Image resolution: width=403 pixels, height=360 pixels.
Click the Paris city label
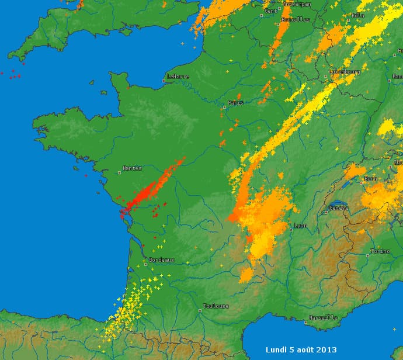tap(236, 103)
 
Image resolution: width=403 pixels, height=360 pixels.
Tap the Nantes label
tap(132, 168)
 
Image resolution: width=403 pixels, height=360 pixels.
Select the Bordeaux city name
tap(158, 259)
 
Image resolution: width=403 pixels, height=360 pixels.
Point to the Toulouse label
tap(216, 306)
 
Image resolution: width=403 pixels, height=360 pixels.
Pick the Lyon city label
tap(301, 226)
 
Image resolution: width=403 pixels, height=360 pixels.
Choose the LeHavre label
tap(178, 77)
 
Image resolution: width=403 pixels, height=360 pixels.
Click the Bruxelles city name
tap(296, 19)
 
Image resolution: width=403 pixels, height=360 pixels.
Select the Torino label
tap(380, 251)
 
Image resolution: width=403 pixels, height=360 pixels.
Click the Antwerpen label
tap(297, 4)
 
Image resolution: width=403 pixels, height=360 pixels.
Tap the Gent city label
tap(271, 11)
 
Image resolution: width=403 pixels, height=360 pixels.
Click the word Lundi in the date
tap(277, 349)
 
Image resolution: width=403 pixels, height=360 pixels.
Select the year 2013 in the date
tap(326, 349)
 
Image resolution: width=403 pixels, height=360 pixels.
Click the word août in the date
tap(303, 349)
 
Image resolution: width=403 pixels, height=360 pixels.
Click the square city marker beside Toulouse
tap(200, 310)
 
